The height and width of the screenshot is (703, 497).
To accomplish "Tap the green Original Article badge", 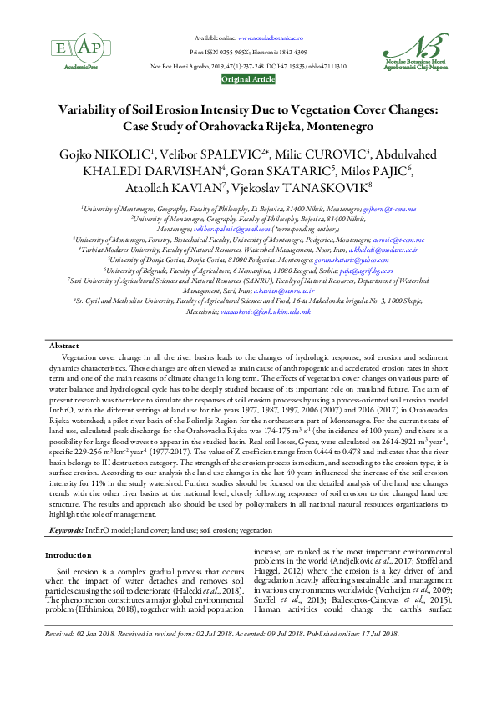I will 248,79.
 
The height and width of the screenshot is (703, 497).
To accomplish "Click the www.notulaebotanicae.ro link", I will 271,38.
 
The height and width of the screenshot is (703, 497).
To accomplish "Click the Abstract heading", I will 63,345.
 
